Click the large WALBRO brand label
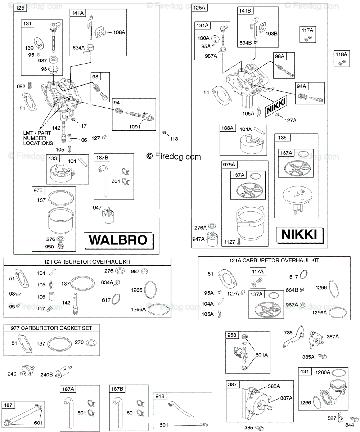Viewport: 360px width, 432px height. point(118,240)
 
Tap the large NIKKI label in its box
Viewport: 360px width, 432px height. point(299,234)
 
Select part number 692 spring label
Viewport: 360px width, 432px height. point(21,86)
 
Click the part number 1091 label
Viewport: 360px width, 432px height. point(135,127)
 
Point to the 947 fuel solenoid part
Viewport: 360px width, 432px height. point(108,215)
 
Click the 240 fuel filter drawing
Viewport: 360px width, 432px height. point(27,370)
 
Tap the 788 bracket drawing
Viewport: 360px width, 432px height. point(294,336)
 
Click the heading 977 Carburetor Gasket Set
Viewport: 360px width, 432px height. point(51,328)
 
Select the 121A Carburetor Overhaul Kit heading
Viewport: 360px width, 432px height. point(274,260)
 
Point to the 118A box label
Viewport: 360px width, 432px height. point(341,54)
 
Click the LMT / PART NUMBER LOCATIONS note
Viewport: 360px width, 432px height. point(38,138)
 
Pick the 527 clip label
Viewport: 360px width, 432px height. point(332,418)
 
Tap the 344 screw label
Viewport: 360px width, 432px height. point(350,425)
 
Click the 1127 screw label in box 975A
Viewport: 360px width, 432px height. point(230,242)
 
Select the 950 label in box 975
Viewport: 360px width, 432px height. point(49,247)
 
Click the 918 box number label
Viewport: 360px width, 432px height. point(160,396)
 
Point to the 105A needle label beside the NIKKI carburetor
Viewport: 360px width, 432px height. point(248,114)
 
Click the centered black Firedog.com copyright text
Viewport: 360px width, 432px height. point(174,157)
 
